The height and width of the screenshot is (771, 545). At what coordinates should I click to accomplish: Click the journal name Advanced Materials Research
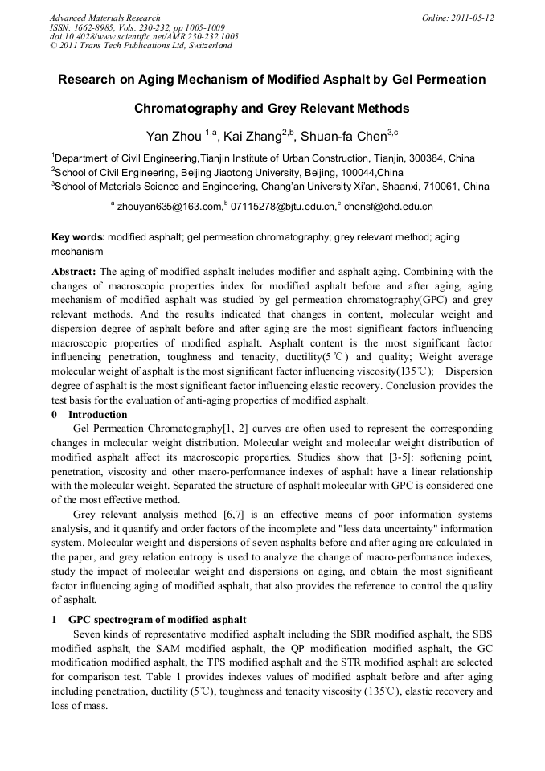104,18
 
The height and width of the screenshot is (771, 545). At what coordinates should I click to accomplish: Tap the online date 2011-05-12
473,18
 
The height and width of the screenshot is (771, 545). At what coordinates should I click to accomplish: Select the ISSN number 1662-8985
93,27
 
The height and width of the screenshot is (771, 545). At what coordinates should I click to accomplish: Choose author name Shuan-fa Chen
343,137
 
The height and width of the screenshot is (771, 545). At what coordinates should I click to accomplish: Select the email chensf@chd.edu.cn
388,207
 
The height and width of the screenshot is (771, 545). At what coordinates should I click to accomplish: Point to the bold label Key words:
78,238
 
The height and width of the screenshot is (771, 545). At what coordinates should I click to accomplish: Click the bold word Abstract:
75,272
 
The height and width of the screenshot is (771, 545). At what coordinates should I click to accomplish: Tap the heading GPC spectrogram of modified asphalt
158,620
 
